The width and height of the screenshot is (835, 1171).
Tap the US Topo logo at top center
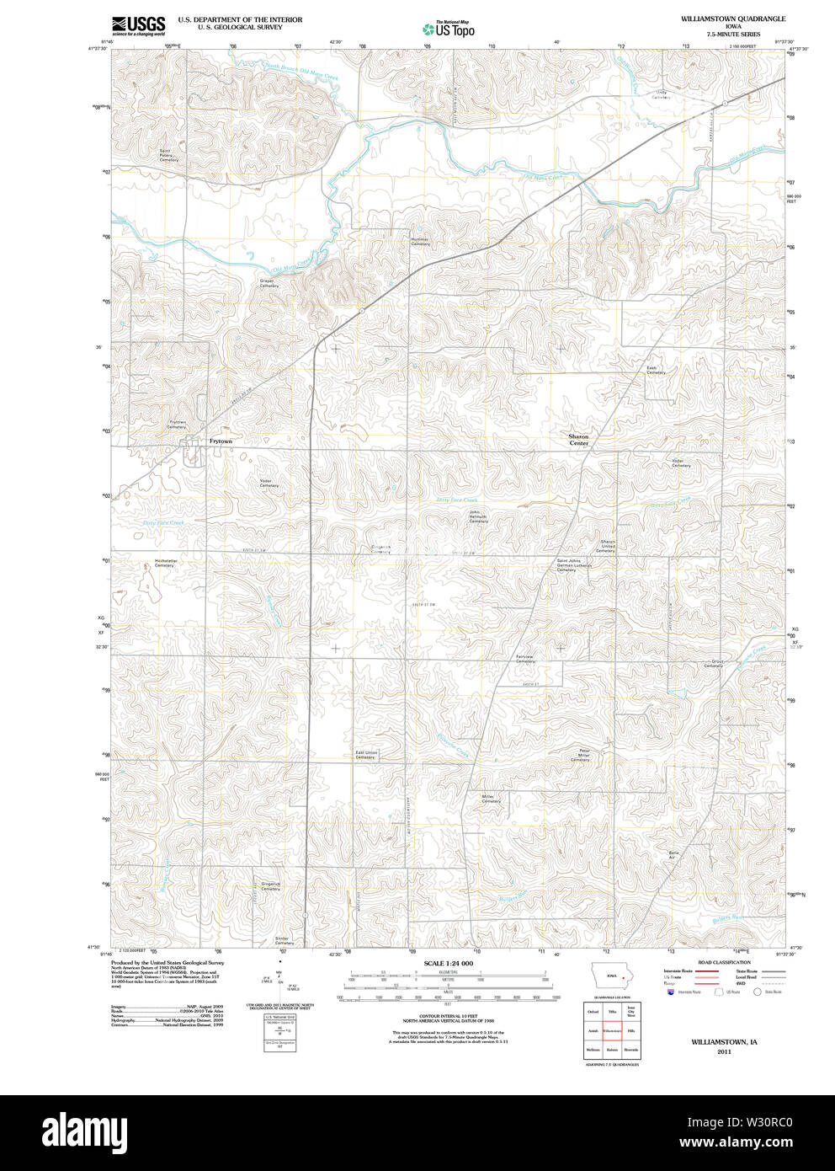[x=449, y=29]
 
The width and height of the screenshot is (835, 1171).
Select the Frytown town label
[x=221, y=441]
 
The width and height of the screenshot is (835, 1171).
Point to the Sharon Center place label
[x=578, y=440]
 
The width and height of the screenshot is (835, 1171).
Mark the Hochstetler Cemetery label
[x=165, y=563]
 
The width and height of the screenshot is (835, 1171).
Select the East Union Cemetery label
[x=365, y=755]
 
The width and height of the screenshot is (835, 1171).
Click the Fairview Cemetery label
[x=524, y=659]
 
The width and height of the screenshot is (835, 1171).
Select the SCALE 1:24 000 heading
[x=448, y=963]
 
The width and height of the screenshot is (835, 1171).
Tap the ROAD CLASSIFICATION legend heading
[x=724, y=962]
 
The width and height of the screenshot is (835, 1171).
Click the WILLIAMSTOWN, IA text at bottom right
[x=724, y=1042]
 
